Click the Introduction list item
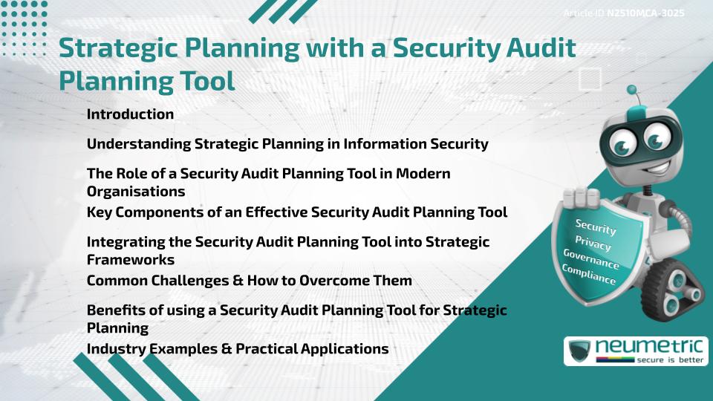[x=130, y=114]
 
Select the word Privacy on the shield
[x=593, y=244]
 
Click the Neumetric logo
[x=635, y=351]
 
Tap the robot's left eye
[x=617, y=141]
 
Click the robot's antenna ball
[x=633, y=91]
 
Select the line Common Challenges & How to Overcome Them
[x=249, y=281]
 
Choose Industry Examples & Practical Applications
[x=238, y=348]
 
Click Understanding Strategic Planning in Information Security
[x=287, y=144]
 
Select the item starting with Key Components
[x=297, y=212]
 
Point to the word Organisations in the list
[x=136, y=191]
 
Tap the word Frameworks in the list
[x=131, y=259]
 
